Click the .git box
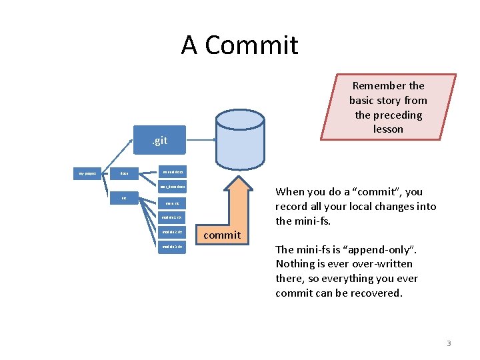coord(159,141)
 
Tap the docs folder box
coord(124,173)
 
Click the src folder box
coord(124,198)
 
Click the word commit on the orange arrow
coord(222,235)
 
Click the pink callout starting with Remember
coord(388,107)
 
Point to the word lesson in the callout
coord(388,129)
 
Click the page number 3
coord(449,343)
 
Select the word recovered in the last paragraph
coord(377,293)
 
